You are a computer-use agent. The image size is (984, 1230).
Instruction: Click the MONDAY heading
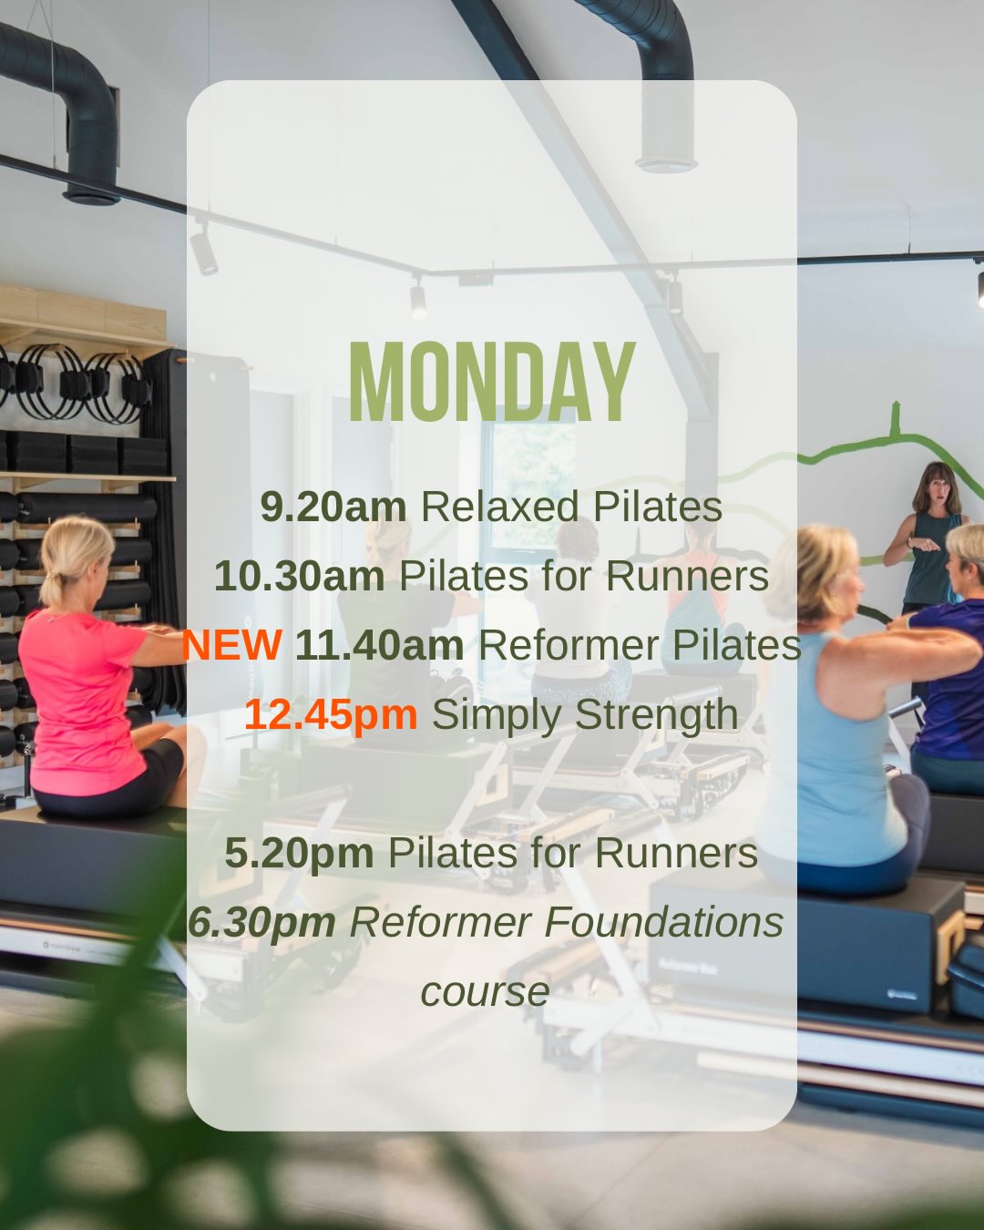coord(492,383)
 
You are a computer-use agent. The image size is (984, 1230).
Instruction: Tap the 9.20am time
coord(333,507)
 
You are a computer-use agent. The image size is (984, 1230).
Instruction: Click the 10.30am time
coord(299,576)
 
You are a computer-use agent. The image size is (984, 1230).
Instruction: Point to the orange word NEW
coord(231,645)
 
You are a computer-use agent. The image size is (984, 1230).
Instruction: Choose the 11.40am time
coord(379,645)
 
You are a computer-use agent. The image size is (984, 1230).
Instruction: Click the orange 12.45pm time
coord(331,714)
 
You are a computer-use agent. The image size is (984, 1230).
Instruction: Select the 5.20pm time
coord(299,853)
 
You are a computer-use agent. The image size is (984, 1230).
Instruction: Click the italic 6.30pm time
coord(262,922)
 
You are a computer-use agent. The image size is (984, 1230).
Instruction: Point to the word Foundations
coord(664,922)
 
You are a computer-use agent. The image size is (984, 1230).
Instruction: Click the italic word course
coord(485,991)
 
